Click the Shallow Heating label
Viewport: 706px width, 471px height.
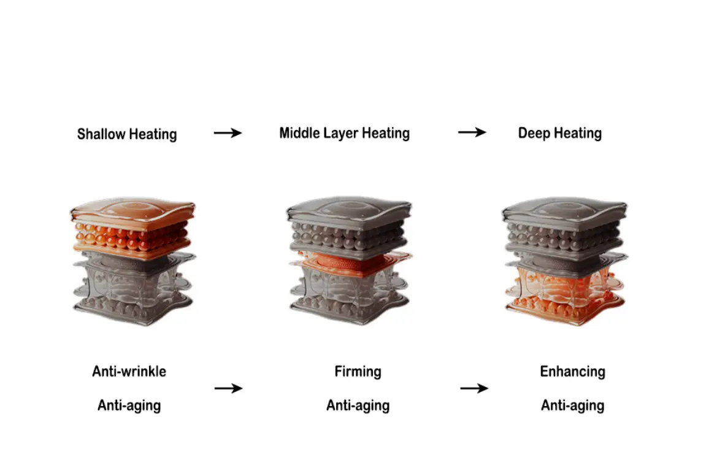coord(127,134)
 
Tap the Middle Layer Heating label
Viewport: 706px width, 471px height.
coord(344,133)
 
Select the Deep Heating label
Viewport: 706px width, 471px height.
coord(559,133)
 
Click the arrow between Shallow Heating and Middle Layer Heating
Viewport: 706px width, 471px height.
coord(228,132)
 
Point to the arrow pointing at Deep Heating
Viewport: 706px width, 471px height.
coord(472,132)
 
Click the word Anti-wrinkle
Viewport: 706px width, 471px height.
coord(129,371)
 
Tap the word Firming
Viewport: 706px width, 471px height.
coord(358,372)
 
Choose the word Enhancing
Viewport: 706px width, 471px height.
coord(572,372)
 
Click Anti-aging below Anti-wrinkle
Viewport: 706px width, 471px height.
coord(129,405)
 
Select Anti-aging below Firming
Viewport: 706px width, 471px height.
coord(358,405)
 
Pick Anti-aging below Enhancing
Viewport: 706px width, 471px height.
coord(572,405)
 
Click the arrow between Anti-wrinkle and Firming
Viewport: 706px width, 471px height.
coord(228,388)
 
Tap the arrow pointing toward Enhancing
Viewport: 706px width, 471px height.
coord(474,388)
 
